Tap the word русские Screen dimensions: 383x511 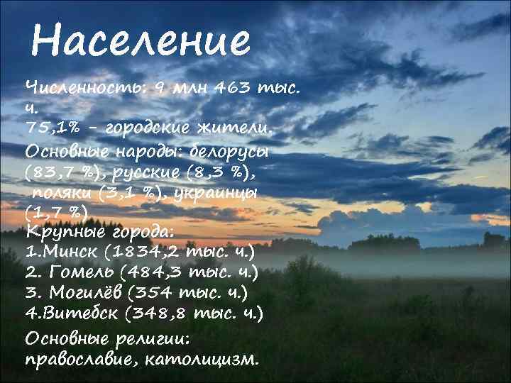pos(158,172)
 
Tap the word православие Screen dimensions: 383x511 pos(79,359)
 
